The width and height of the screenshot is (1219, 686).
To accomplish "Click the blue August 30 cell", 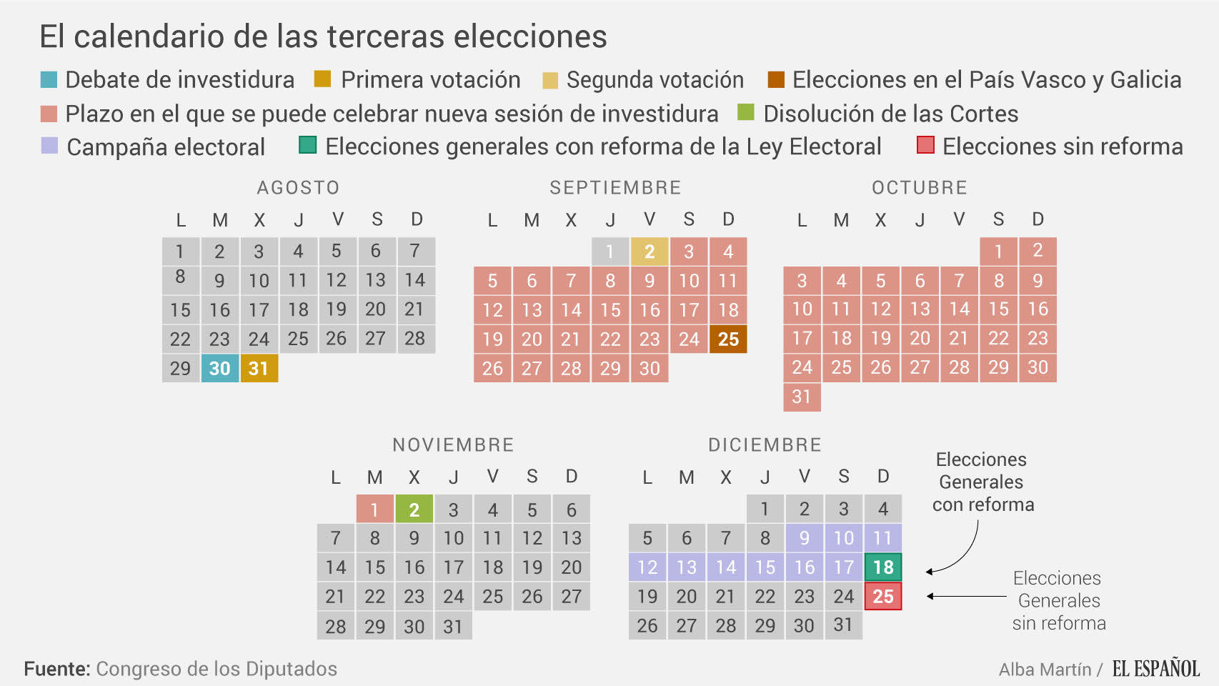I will coord(219,368).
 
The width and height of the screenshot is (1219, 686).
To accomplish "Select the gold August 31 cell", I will coord(259,368).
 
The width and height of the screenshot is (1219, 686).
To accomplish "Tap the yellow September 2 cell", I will coord(649,252).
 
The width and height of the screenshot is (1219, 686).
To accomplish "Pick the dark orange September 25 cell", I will coord(728,339).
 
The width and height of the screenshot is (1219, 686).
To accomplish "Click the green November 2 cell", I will coord(414,509).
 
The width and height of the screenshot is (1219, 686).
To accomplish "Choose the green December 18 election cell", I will coord(883,567).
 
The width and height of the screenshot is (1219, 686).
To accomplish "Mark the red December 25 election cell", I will coord(883,597).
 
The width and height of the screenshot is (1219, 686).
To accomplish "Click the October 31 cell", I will coord(802,397).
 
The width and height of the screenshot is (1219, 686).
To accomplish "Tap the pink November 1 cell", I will coord(374,509).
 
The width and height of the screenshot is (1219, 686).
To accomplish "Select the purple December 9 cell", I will coord(805,538).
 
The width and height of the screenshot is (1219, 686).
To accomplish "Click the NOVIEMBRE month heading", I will coord(453,444).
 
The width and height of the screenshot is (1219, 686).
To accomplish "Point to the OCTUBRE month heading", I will coord(919,187).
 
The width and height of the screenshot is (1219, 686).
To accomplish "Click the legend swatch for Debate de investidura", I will coord(49,79).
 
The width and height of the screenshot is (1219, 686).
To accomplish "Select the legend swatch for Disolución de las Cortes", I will coord(746,113).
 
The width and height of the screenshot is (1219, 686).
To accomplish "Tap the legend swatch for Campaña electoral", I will coord(49,146).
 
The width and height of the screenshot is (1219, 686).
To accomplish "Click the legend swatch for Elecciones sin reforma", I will coord(925,146).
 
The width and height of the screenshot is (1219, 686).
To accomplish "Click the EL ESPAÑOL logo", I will coord(1155,669).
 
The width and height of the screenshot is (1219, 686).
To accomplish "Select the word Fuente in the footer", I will coord(56,669).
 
